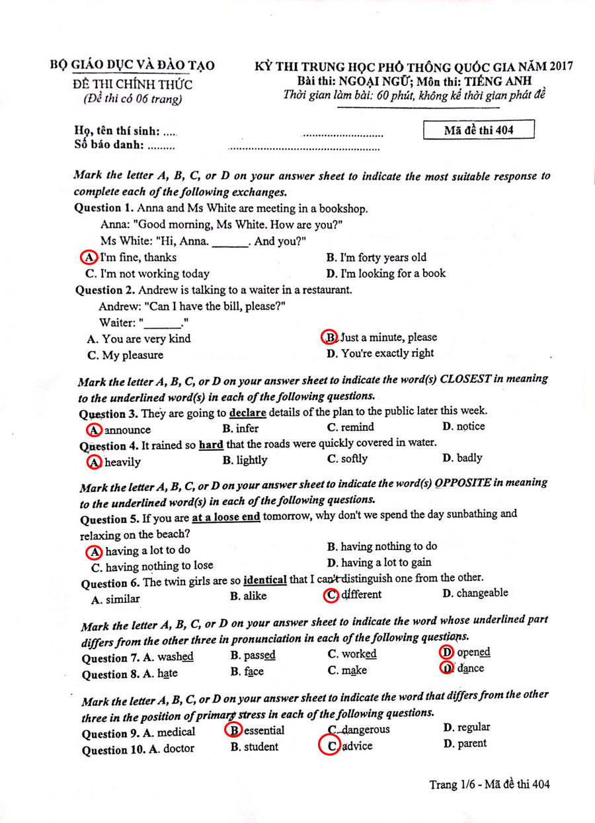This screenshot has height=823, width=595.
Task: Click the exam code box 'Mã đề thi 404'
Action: (x=479, y=130)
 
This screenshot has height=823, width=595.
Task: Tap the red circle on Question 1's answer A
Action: (x=87, y=257)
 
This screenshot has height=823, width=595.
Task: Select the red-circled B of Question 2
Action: (x=329, y=337)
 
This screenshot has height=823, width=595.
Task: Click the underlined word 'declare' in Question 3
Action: (x=247, y=413)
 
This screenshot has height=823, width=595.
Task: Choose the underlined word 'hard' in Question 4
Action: (x=211, y=444)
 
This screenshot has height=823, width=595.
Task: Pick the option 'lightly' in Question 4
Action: (x=245, y=460)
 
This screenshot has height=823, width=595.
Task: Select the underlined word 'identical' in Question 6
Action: (x=265, y=580)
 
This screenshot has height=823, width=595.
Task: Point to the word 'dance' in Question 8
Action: (x=470, y=668)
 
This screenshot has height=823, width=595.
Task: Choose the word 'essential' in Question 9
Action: (x=264, y=730)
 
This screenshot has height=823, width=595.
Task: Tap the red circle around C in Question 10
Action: (x=329, y=746)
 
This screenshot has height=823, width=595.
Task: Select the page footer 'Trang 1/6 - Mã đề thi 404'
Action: (x=489, y=785)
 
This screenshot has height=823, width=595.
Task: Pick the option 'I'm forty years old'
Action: (x=383, y=258)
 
